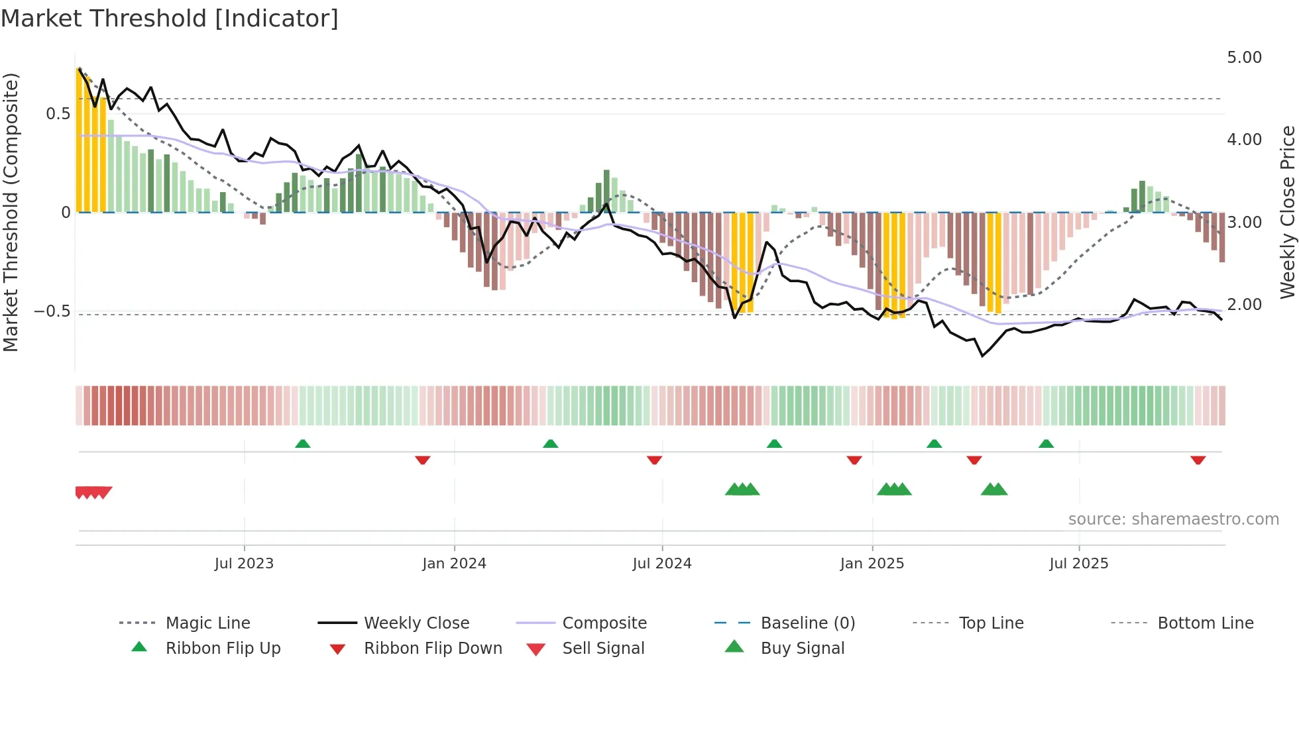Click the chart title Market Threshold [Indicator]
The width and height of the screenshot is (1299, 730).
pos(170,19)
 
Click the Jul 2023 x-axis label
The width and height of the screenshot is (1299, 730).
pos(244,564)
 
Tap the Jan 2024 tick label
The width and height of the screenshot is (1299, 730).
pos(454,564)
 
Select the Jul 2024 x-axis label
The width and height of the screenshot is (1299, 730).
pos(661,564)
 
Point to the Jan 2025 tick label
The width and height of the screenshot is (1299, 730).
pos(872,564)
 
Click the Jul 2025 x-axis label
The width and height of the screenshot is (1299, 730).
pos(1078,564)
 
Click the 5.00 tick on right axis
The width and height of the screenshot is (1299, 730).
pos(1244,58)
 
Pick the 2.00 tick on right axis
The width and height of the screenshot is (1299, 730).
pos(1244,305)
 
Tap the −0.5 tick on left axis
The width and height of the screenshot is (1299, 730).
pos(52,311)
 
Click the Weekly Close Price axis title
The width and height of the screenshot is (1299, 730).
pos(1287,212)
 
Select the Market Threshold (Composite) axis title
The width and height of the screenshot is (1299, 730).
pos(11,212)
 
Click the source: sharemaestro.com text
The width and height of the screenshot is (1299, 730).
pos(1173,519)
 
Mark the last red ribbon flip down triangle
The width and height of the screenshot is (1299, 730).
pos(1198,460)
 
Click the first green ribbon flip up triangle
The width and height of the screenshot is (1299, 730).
pos(302,444)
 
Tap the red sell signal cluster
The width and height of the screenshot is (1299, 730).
pos(93,492)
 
